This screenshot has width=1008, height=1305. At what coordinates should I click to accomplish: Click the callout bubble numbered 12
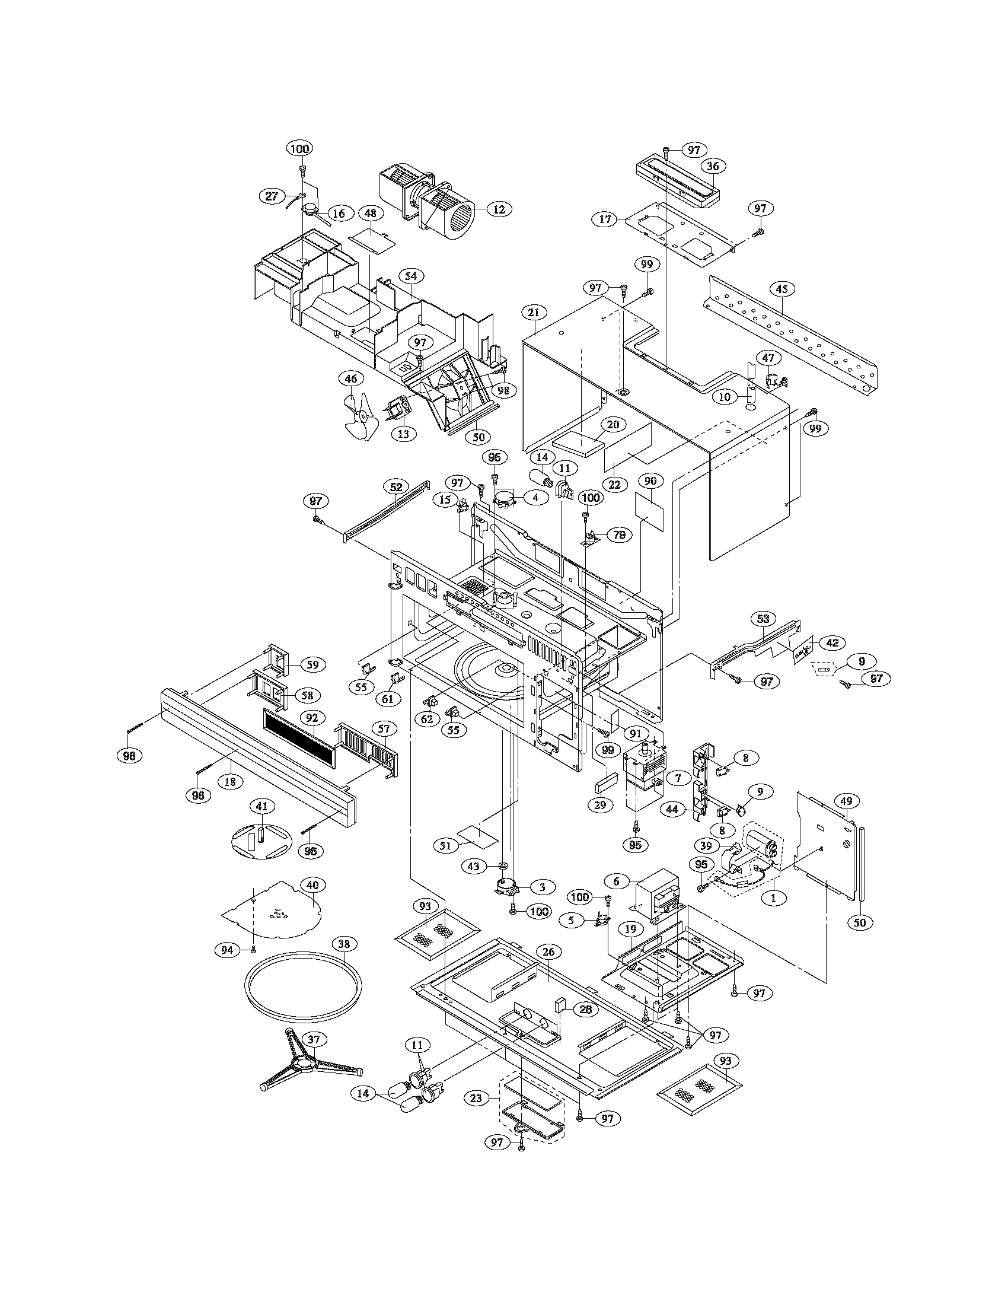[499, 209]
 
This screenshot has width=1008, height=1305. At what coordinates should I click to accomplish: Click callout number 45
[781, 289]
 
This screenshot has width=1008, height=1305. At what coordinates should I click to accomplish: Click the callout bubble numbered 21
[534, 312]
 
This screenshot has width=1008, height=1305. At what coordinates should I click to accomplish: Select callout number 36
[712, 167]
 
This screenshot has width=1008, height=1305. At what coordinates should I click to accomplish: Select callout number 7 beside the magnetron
[678, 779]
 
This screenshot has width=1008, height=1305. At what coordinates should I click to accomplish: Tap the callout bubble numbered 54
[410, 276]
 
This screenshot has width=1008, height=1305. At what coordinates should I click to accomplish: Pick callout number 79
[619, 536]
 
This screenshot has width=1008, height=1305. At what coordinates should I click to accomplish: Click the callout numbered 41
[261, 806]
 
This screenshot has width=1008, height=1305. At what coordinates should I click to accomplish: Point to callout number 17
[605, 219]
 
